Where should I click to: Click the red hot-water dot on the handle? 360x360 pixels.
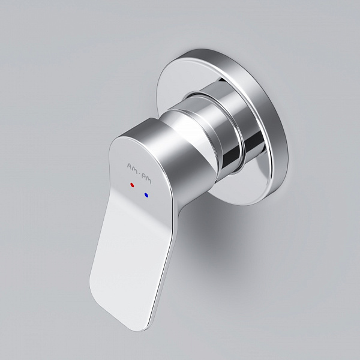[x=131, y=186]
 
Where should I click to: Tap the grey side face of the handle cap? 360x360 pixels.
[x=180, y=162]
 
